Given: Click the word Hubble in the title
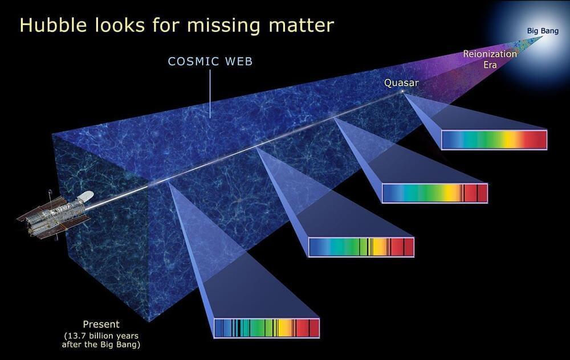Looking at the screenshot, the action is (53, 25).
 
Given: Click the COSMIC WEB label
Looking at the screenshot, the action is (210, 61).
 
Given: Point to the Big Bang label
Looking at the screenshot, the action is (543, 31).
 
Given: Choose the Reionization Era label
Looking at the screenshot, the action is (490, 59).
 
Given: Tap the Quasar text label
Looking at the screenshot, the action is (401, 83).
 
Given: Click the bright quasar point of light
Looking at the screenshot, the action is (402, 92).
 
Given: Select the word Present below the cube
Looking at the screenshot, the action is (101, 324).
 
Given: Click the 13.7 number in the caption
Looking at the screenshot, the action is (75, 336).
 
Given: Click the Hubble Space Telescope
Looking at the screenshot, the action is (55, 214).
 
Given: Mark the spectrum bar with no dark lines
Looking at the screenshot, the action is (494, 140).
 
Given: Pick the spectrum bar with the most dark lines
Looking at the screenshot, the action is (267, 328).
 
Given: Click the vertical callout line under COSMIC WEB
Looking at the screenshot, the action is (210, 94).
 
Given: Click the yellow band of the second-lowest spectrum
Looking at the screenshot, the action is (380, 247).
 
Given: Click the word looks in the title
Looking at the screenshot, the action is (120, 25).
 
